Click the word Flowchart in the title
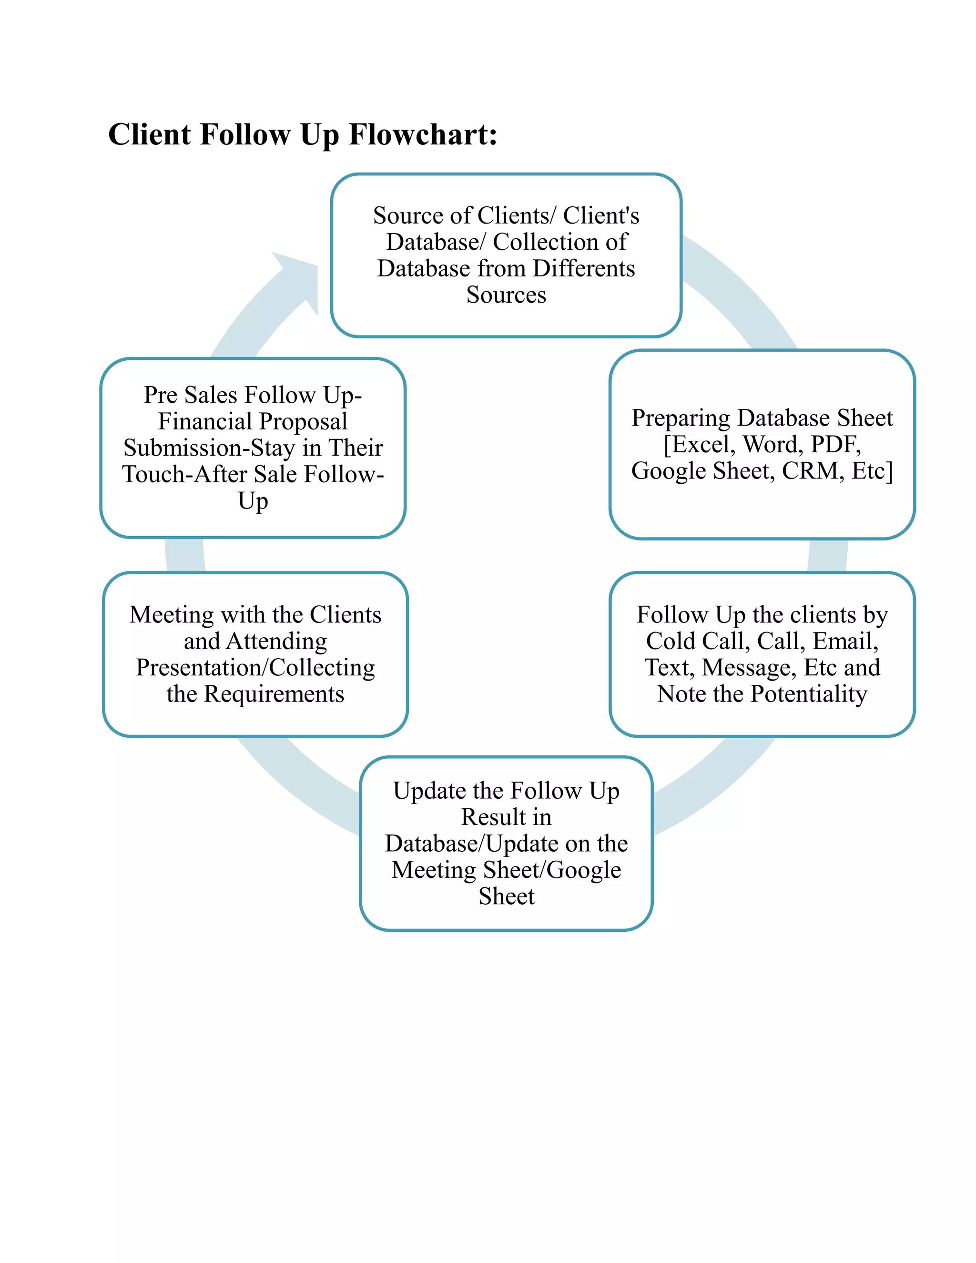point(422,135)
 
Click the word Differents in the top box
point(583,268)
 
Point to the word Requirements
point(274,693)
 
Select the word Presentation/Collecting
point(255,667)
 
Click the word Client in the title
point(150,135)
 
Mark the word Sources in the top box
point(506,295)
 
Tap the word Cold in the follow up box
point(670,641)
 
